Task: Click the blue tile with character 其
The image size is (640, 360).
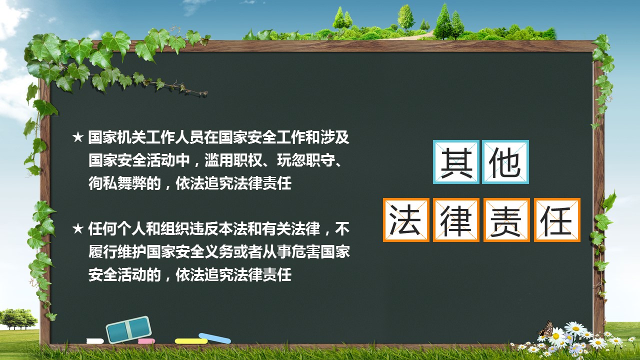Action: (456, 162)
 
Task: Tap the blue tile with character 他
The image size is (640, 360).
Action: (505, 162)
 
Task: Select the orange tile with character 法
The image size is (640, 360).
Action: (406, 220)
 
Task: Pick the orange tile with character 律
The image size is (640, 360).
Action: (456, 220)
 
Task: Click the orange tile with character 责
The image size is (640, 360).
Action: (506, 220)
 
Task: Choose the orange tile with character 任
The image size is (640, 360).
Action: (557, 220)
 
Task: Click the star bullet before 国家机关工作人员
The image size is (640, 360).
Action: (77, 137)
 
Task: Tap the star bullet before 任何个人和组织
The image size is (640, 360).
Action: (77, 228)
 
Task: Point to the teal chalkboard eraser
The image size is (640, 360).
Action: (128, 329)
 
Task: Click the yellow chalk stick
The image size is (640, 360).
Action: (191, 341)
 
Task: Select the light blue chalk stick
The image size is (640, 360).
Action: (214, 338)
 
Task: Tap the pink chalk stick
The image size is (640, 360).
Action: (146, 341)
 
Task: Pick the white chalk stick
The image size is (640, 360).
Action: (95, 341)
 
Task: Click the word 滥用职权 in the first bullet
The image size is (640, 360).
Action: (233, 160)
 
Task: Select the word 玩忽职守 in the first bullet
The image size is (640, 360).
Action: (306, 160)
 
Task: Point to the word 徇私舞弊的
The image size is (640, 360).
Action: (124, 183)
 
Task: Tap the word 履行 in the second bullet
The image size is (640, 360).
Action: (103, 251)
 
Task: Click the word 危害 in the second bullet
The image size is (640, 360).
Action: (306, 251)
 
